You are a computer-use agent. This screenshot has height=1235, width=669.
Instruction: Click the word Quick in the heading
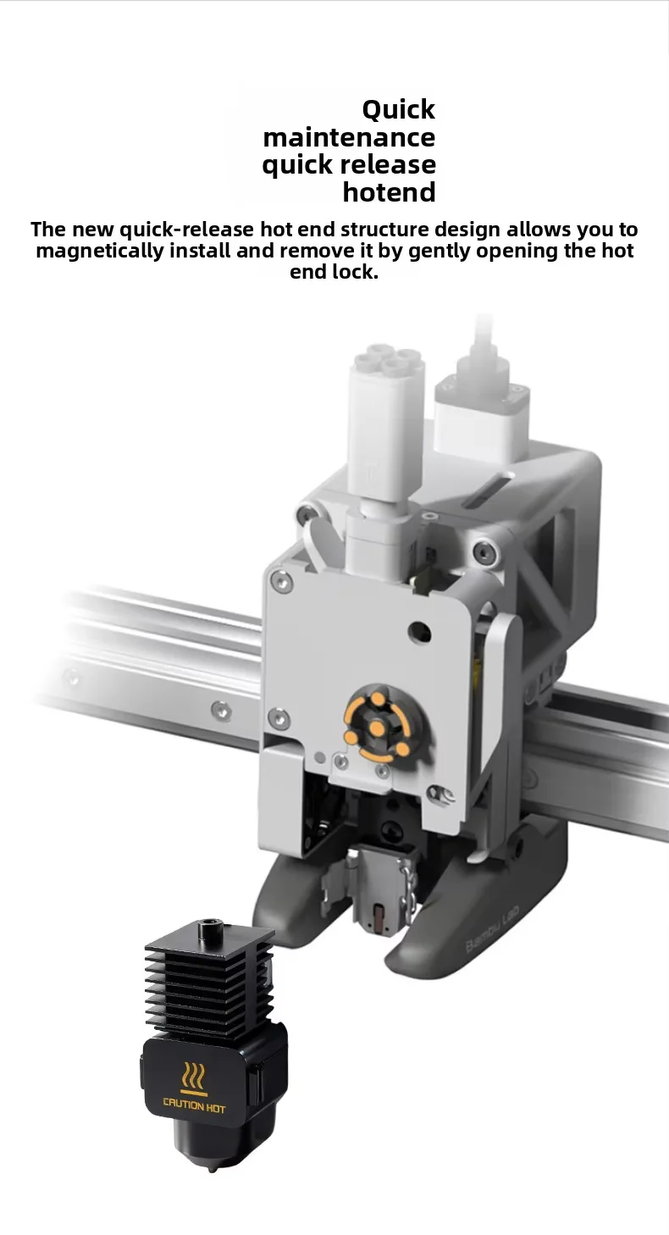click(x=398, y=110)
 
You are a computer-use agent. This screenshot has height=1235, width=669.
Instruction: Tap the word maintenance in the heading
click(x=350, y=137)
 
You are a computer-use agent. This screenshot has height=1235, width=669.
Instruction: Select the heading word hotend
click(x=389, y=192)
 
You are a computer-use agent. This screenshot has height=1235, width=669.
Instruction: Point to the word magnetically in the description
click(x=100, y=252)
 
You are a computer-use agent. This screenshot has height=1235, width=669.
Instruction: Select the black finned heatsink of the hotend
click(x=210, y=975)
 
